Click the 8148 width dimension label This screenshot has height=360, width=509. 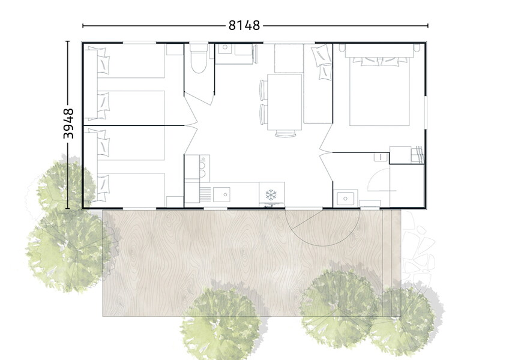(244, 25)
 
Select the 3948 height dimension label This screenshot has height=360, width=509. (68, 124)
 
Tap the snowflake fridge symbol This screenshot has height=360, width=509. (271, 195)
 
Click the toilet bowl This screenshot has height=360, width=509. (198, 62)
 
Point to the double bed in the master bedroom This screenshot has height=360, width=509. (379, 85)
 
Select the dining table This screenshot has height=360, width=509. (285, 102)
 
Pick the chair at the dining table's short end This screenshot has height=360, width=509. (286, 133)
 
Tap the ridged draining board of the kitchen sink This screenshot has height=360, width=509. (205, 194)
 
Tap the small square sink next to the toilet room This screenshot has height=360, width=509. (224, 49)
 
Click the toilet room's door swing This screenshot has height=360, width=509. (199, 98)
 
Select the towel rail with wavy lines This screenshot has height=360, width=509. (418, 154)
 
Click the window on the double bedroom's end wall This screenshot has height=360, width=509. (426, 112)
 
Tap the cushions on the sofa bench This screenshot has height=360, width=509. (321, 62)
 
